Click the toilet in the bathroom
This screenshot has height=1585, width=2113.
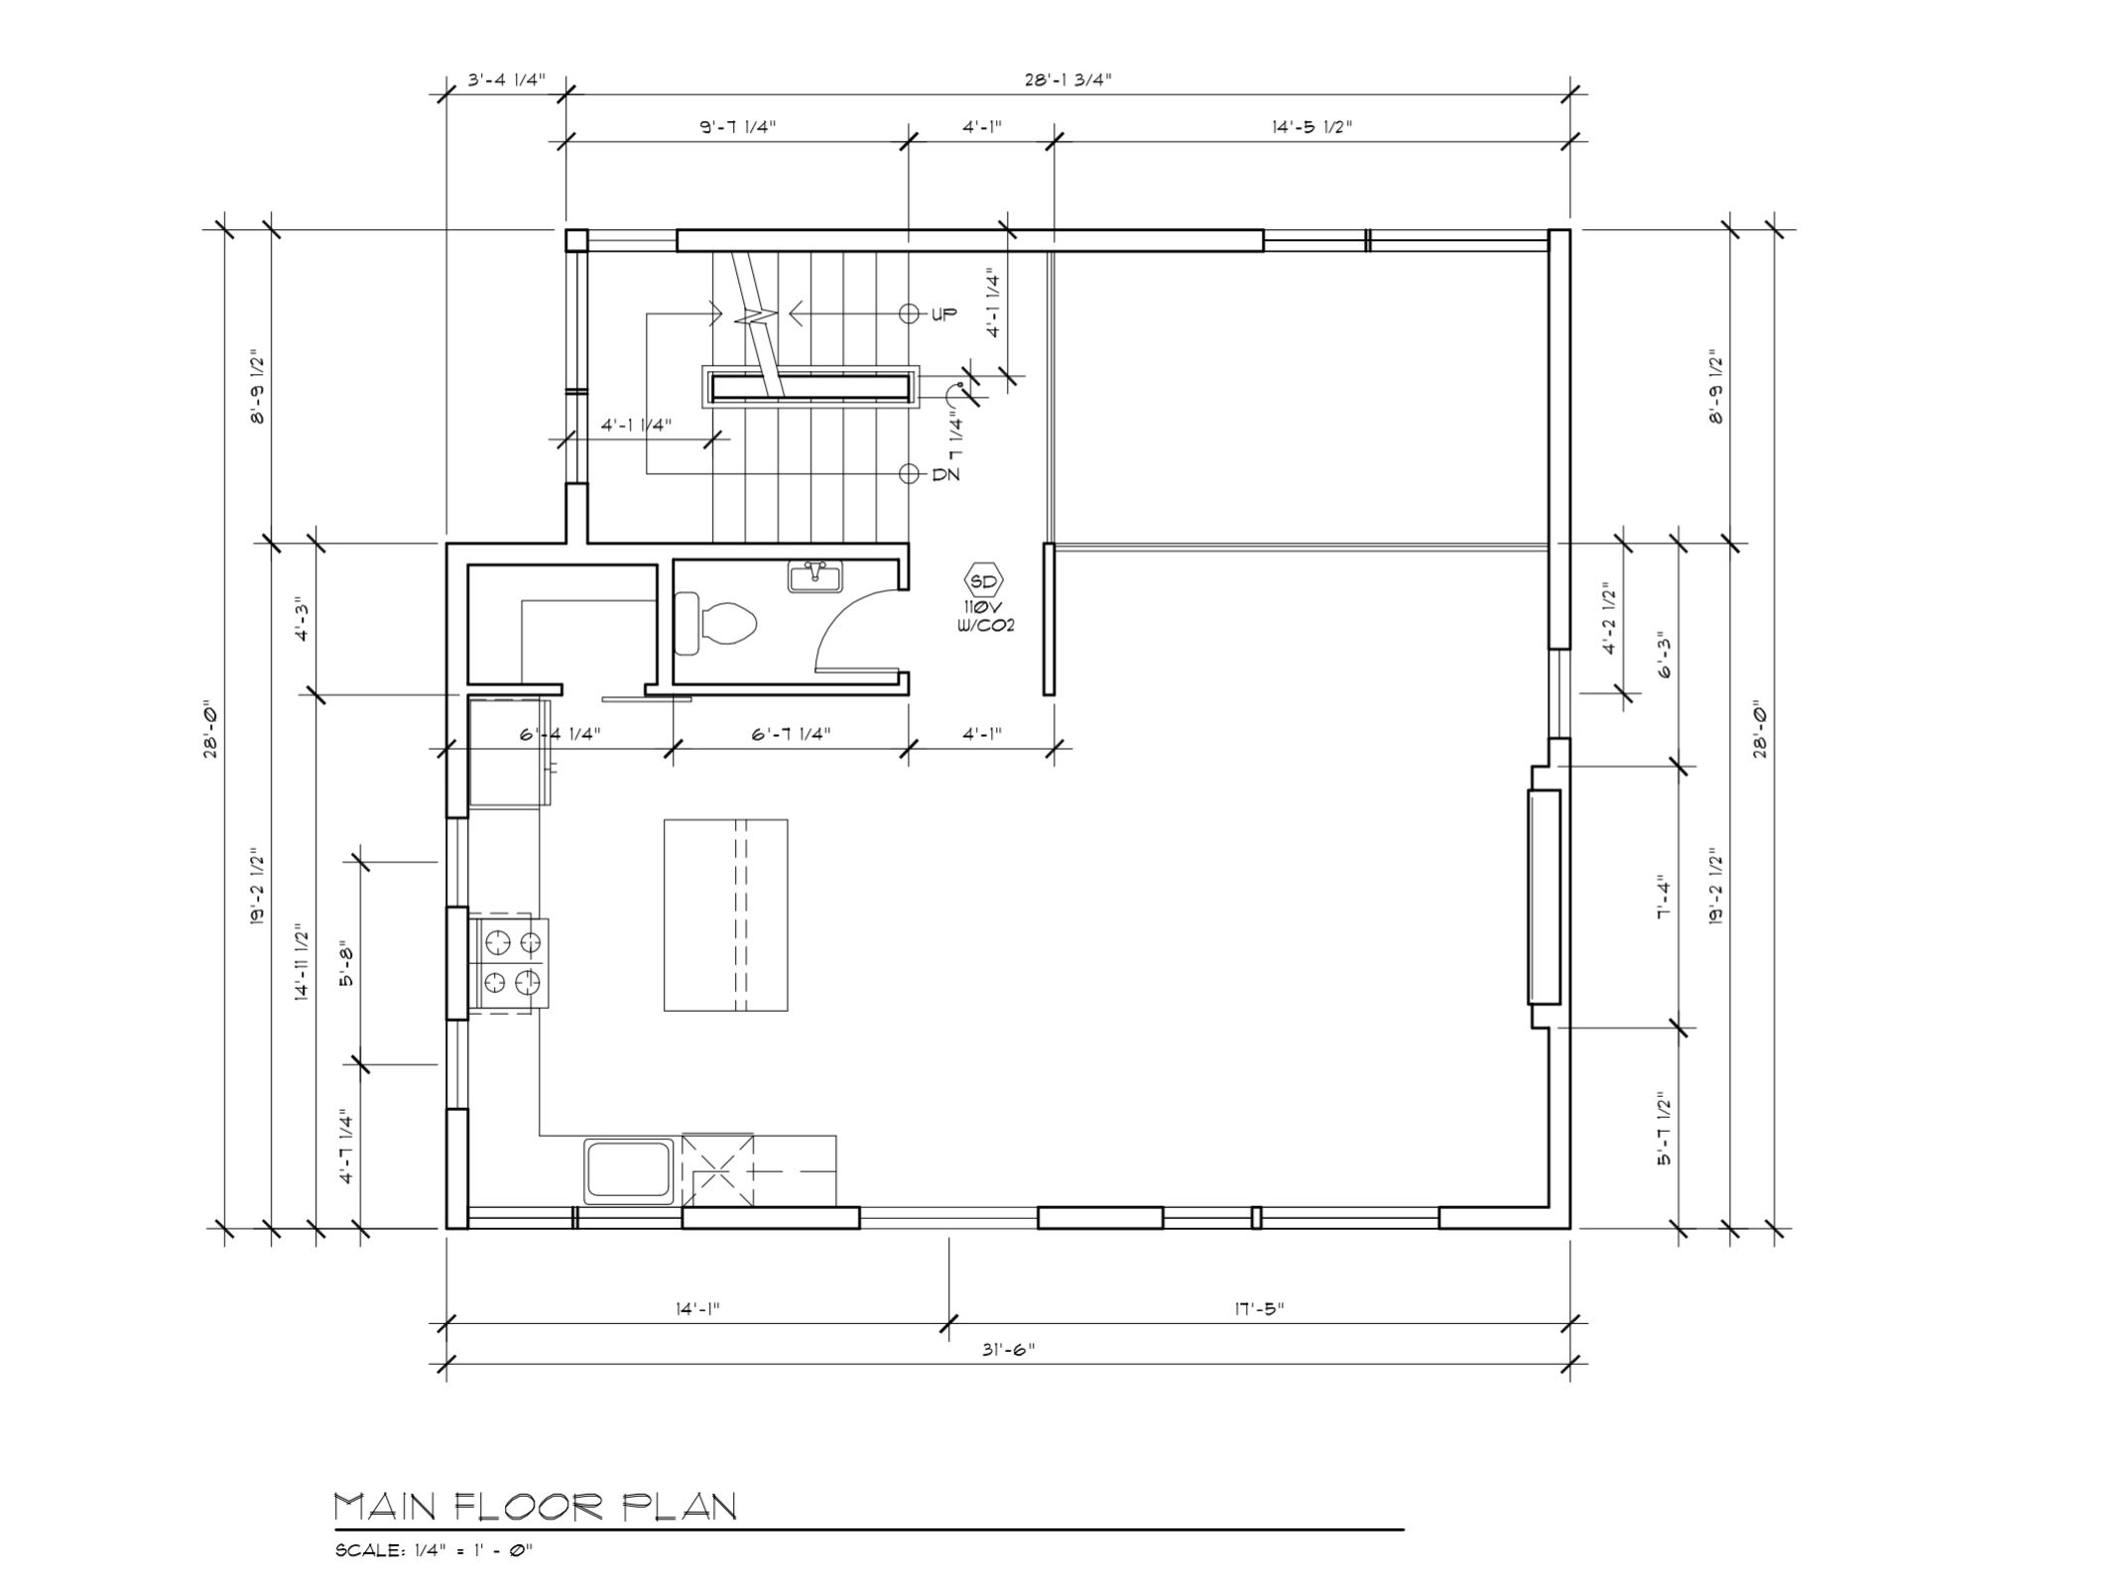point(715,623)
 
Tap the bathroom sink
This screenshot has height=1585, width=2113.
point(814,575)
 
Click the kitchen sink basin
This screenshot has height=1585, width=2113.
point(628,1170)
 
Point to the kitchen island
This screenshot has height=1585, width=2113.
point(725,914)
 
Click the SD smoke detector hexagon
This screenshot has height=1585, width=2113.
point(983,581)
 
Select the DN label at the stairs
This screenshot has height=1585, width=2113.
point(945,474)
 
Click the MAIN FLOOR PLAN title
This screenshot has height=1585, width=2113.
point(536,1507)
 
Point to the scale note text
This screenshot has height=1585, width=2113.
point(435,1550)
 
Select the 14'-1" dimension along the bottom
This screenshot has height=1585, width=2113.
point(696,1308)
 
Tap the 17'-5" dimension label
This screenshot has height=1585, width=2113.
point(1259,1308)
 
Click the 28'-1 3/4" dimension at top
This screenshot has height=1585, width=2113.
point(1068,79)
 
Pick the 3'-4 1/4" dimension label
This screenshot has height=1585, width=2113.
point(506,79)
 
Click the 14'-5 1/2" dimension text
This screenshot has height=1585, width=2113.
point(1311,126)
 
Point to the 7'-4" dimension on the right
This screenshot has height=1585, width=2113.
point(1665,899)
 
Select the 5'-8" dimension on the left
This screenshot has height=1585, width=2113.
point(346,963)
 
